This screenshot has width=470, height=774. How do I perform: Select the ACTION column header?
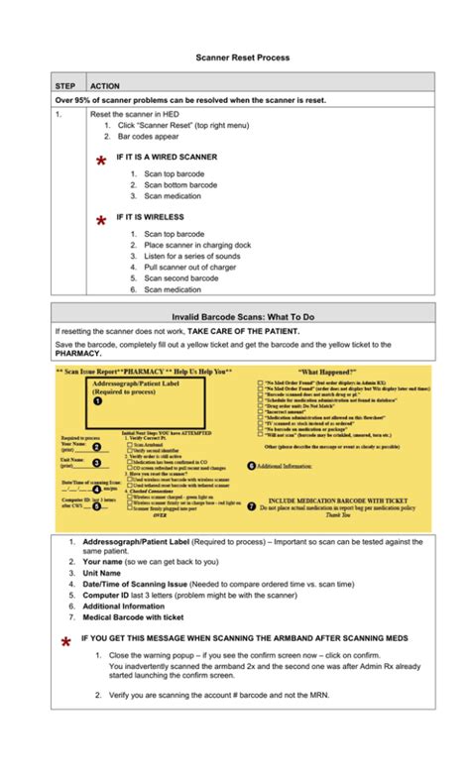coord(104,86)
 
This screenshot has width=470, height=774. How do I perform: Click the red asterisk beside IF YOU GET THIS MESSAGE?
coord(64,645)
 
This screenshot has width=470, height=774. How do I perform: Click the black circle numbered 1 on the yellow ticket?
coord(97,401)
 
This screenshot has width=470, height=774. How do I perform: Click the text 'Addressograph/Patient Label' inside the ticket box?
coord(134,382)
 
